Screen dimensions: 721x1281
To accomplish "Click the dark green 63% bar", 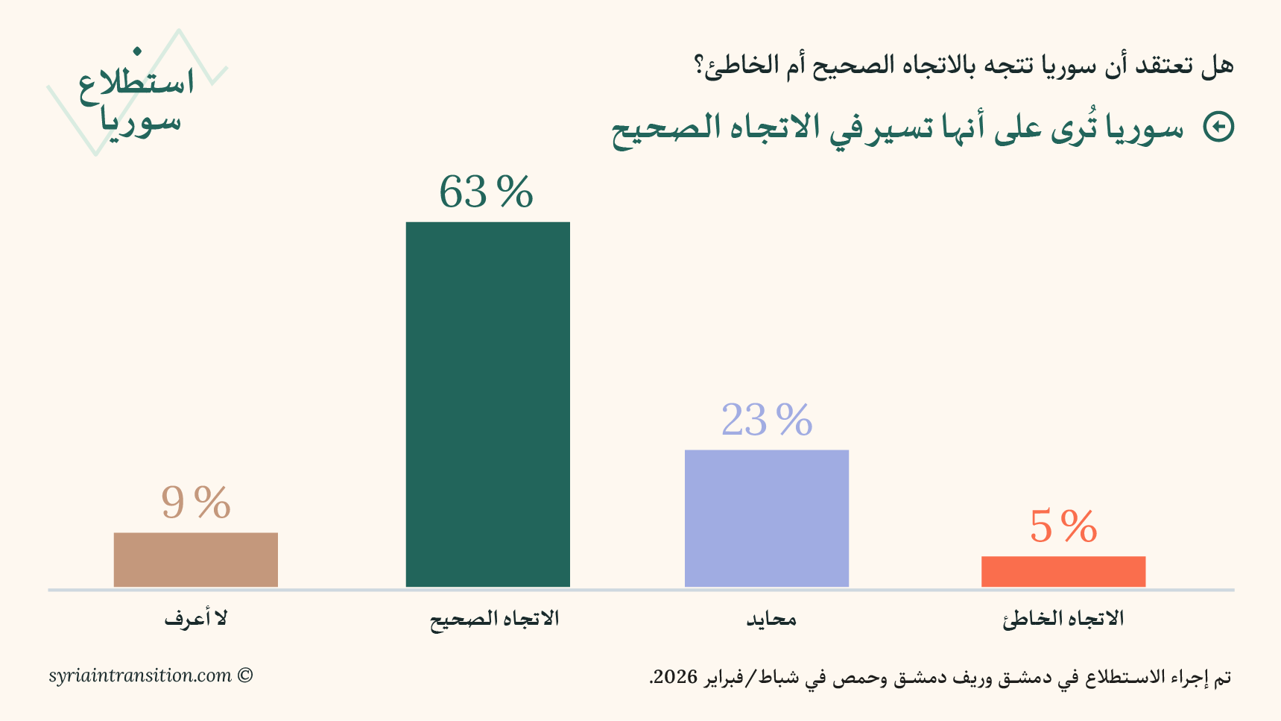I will click(x=487, y=404).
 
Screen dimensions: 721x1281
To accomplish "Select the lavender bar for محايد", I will click(x=766, y=518).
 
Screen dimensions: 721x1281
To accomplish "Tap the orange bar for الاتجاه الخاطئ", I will click(x=1063, y=571).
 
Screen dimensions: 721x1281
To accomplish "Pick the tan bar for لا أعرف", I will click(x=195, y=559).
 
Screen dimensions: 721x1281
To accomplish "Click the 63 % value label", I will click(x=486, y=192).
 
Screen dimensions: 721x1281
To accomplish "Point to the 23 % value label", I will click(x=766, y=420).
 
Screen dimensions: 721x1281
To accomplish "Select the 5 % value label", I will click(x=1063, y=526).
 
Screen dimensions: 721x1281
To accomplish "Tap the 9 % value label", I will click(x=195, y=503).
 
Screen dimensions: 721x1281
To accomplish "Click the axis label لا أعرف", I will click(x=196, y=619).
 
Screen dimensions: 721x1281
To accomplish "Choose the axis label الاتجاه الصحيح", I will click(x=494, y=619).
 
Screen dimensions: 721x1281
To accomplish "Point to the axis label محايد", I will click(x=771, y=619).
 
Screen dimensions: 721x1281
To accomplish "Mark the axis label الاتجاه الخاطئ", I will click(x=1063, y=619).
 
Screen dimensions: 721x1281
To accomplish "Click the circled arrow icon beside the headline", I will click(x=1219, y=127).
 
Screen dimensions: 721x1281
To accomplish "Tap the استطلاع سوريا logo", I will click(x=137, y=101).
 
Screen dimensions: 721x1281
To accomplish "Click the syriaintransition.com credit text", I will click(x=140, y=676).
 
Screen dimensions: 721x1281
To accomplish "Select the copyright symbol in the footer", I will click(x=245, y=676).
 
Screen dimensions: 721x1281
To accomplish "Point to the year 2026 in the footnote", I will click(x=675, y=677).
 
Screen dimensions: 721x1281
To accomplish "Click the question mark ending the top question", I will click(x=700, y=66).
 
